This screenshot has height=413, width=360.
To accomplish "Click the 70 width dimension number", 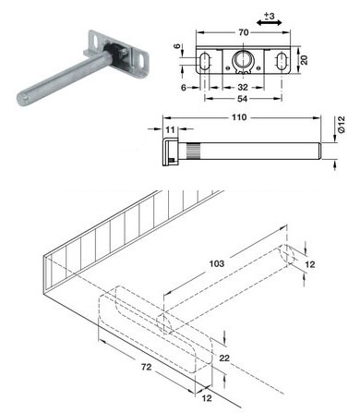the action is [x=243, y=32].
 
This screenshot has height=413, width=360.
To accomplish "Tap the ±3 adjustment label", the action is [x=270, y=16].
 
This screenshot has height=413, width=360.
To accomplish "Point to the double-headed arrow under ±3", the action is [x=270, y=23].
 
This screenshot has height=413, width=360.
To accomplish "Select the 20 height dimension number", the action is [x=304, y=60].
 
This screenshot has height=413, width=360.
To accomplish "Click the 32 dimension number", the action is [x=243, y=88].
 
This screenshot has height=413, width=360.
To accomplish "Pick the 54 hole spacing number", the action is [x=243, y=99].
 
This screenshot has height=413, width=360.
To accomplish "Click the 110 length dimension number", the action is [x=239, y=117].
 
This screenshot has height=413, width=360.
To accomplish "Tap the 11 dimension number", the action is [x=170, y=129].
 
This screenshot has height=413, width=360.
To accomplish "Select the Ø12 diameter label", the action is [x=342, y=125].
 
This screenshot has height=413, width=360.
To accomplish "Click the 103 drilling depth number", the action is [x=217, y=263].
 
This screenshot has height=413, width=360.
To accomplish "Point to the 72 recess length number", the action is [x=146, y=367].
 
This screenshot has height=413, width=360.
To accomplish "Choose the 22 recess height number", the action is [x=224, y=358].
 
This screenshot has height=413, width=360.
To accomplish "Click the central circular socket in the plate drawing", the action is [x=243, y=60].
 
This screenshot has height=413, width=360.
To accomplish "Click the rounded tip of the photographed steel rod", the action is [x=21, y=99].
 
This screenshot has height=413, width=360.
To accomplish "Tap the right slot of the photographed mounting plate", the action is [x=141, y=61].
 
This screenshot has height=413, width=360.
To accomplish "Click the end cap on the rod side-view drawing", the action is [x=170, y=152].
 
